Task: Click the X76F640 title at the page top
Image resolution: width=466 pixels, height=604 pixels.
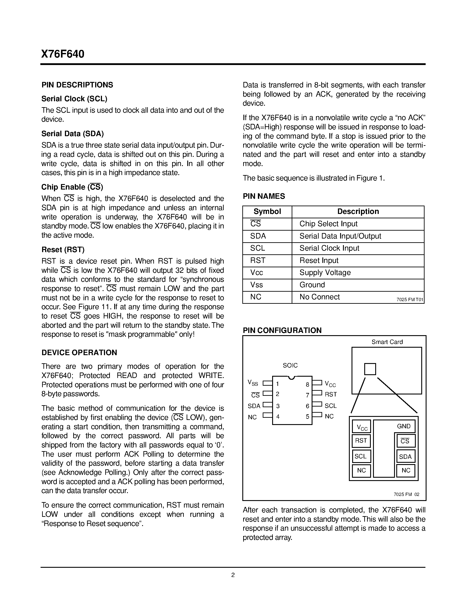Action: click(x=63, y=54)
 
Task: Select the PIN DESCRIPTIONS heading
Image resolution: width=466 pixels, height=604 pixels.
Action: click(x=77, y=85)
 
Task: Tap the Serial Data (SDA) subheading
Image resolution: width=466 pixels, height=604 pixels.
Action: click(x=73, y=134)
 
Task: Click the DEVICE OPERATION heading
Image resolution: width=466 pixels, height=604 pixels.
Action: click(x=79, y=353)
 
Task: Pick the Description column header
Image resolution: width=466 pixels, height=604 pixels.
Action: click(x=358, y=212)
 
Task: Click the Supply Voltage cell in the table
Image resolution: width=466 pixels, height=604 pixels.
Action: click(x=325, y=273)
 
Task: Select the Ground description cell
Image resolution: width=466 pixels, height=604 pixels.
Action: click(x=312, y=285)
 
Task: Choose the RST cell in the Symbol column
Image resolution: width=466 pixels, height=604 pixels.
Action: click(x=258, y=260)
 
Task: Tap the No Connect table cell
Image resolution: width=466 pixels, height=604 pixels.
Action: click(x=320, y=297)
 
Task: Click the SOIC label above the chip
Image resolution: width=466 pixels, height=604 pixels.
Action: click(x=290, y=366)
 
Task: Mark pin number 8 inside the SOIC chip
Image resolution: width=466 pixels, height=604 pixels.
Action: click(x=307, y=384)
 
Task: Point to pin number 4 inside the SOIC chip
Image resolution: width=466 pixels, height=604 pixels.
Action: click(x=278, y=416)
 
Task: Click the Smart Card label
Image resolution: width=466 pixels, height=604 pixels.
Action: click(x=387, y=342)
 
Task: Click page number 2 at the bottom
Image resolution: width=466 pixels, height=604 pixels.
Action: click(x=233, y=575)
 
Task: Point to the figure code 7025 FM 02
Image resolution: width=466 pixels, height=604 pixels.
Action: click(x=406, y=494)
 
